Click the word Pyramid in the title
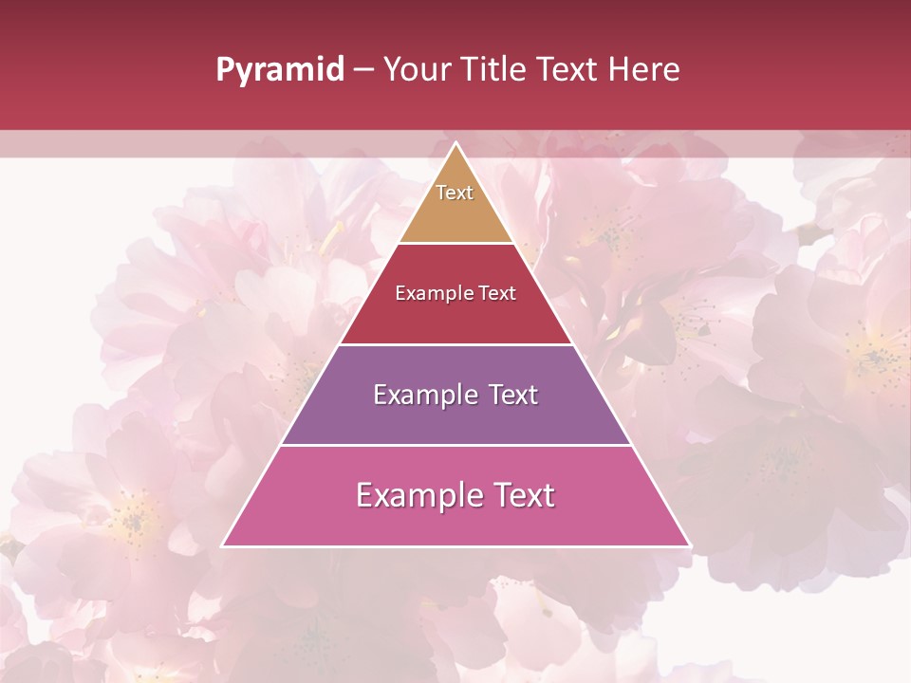coord(280,70)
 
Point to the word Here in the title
coord(644,69)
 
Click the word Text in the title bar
coord(568,69)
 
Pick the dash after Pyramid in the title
coord(363,70)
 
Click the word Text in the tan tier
coord(455,193)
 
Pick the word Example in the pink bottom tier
coord(418,495)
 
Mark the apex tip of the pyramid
coord(455,144)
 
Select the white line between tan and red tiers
coord(455,243)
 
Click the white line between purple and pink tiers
coord(455,445)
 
